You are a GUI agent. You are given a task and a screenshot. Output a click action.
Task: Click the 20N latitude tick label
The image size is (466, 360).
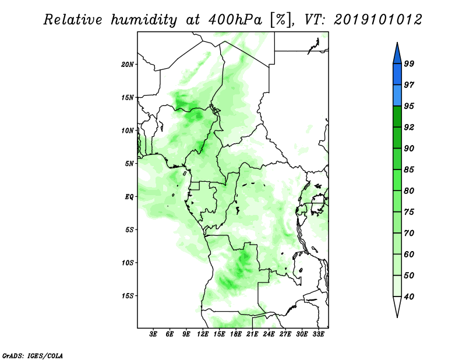coord(128,64)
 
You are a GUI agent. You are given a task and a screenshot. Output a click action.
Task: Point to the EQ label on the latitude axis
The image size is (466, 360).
coord(129,197)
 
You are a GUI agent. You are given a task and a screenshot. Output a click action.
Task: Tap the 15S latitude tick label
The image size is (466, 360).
coord(128,296)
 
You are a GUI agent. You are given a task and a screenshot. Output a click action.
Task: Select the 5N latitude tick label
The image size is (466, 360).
coord(129,164)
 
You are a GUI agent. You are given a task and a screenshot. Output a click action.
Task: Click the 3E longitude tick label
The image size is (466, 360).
coord(153,334)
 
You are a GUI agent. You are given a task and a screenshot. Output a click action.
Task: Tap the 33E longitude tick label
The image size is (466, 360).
coord(318,334)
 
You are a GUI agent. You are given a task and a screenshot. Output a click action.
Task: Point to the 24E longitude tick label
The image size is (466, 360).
coord(269,334)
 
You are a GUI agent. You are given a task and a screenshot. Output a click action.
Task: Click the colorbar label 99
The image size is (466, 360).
coord(409,63)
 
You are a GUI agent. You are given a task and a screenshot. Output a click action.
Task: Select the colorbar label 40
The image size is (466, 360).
coord(409,297)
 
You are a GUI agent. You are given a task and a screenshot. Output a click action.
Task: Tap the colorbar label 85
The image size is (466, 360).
coord(409,170)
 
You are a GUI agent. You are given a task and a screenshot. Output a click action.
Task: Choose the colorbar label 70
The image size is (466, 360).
coord(409,233)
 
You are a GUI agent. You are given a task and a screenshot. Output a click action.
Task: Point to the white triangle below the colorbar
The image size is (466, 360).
coord(397,306)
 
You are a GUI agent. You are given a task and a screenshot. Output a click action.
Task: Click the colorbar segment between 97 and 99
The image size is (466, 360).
coord(397,75)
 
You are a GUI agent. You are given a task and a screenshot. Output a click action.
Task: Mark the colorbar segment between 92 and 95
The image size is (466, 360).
coord(397,117)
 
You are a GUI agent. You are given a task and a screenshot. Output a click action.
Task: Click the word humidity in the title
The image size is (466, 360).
coord(143,20)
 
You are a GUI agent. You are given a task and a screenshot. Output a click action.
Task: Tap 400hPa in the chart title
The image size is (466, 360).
coord(235,20)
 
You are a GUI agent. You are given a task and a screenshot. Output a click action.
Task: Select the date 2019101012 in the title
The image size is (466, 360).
coord(377,20)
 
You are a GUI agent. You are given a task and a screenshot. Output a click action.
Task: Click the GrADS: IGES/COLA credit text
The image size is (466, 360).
coord(33,355)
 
